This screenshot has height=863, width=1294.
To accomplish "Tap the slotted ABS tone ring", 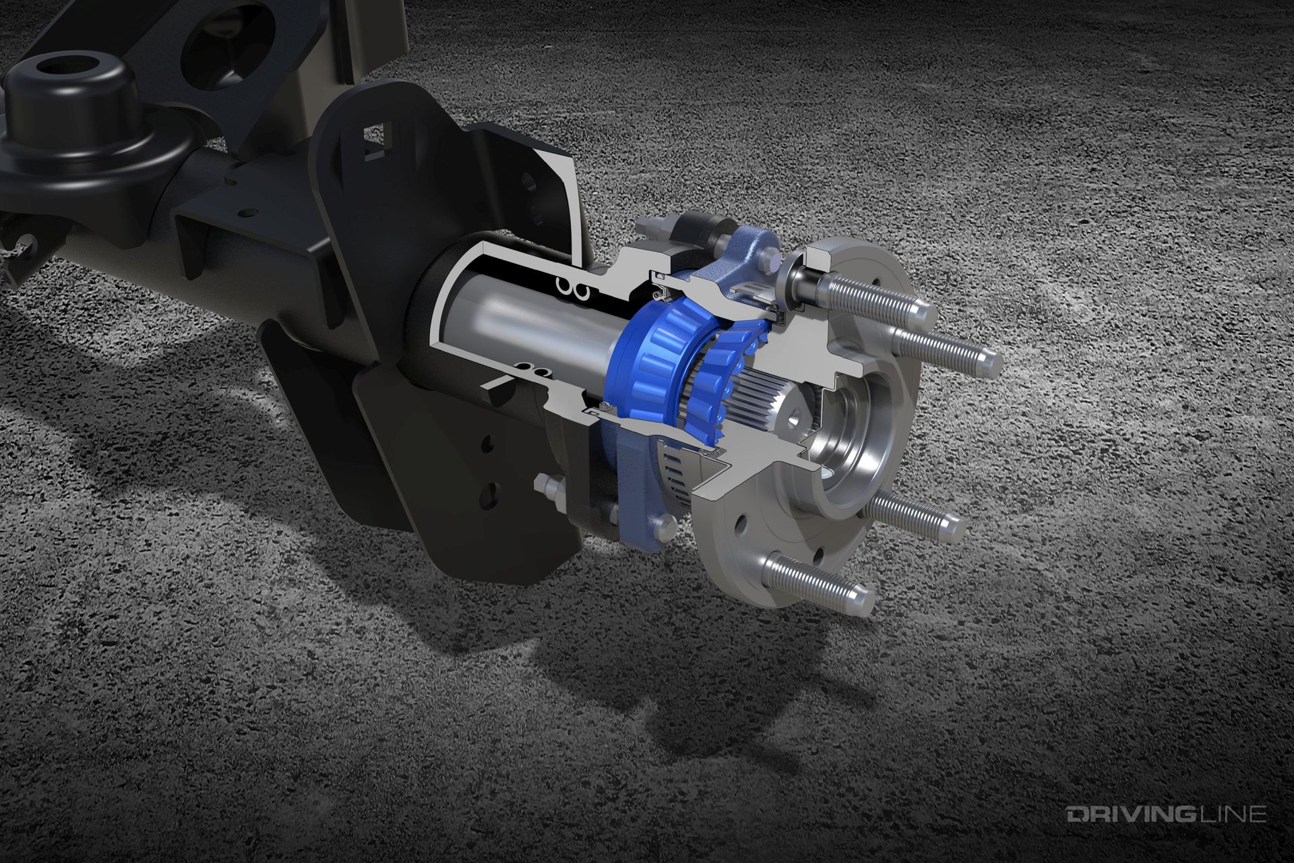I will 681,465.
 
